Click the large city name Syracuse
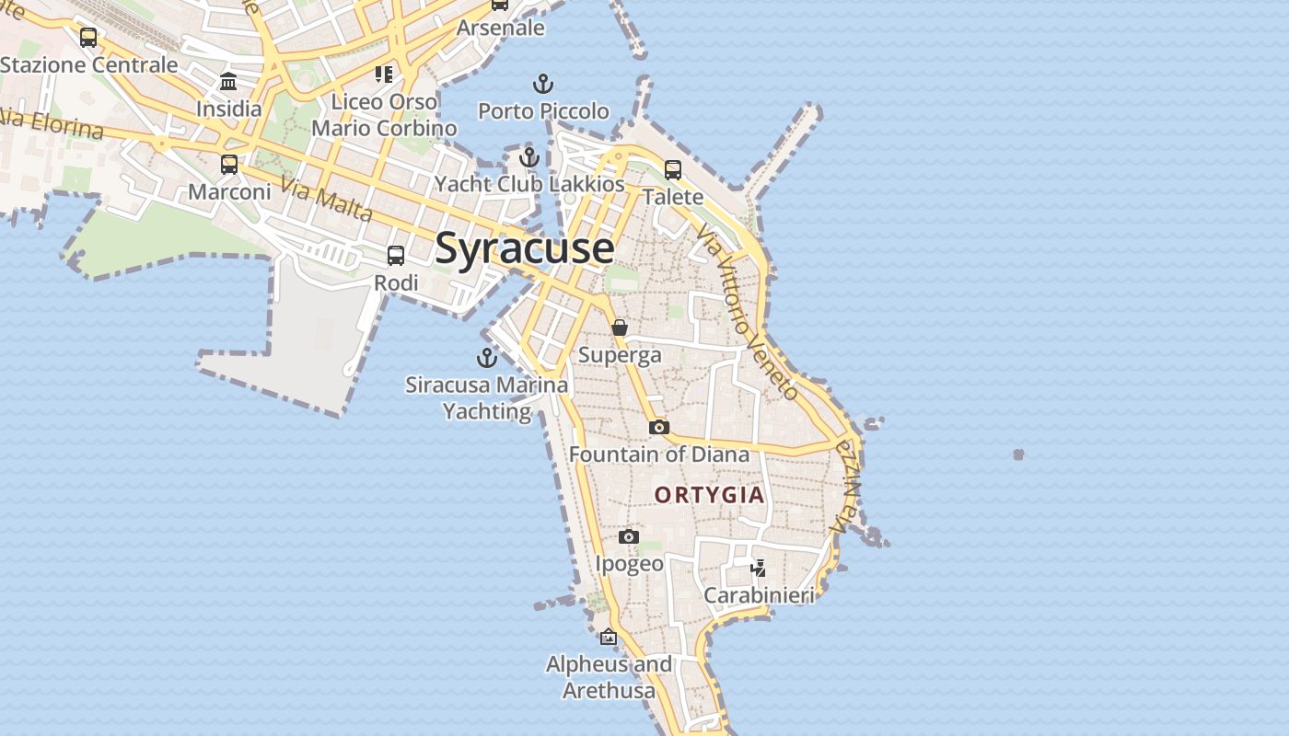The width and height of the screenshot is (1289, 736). click(x=524, y=248)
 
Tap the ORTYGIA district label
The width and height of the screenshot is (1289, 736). click(x=709, y=495)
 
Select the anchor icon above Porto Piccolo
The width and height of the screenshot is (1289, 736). click(x=543, y=85)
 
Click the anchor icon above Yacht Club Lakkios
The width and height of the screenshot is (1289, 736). click(x=528, y=157)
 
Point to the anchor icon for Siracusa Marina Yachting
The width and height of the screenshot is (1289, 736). click(x=486, y=358)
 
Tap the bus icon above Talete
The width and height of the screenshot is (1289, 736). click(x=673, y=170)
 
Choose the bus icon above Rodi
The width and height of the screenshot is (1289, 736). click(x=396, y=256)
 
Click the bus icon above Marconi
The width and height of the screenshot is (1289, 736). click(x=229, y=165)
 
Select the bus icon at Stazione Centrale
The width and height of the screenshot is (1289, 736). click(x=88, y=38)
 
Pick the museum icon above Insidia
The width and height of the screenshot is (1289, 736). click(x=228, y=82)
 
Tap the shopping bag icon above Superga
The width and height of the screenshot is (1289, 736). click(x=620, y=328)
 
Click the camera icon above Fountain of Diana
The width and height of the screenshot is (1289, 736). click(x=658, y=427)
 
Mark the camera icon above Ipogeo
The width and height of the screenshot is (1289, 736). click(x=629, y=536)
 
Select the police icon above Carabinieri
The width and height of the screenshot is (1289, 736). click(x=758, y=568)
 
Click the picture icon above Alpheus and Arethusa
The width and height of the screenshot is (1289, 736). click(x=609, y=636)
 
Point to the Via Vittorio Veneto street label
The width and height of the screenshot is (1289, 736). click(x=747, y=313)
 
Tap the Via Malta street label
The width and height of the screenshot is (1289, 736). click(x=326, y=200)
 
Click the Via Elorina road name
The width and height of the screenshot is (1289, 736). click(x=51, y=121)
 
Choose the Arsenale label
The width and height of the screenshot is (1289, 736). click(x=501, y=28)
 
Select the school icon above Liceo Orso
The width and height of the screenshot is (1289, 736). click(x=383, y=74)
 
